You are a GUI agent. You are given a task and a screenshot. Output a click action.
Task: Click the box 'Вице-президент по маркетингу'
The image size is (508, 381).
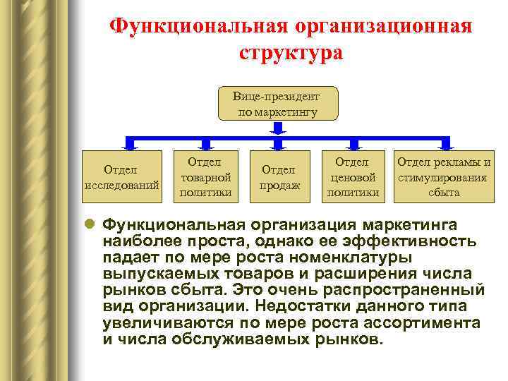point(278,104)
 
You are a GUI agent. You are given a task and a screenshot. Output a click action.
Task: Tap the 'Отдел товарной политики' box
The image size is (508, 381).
point(206,176)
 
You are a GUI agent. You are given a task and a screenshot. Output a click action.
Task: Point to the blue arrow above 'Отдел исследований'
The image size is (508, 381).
point(129,143)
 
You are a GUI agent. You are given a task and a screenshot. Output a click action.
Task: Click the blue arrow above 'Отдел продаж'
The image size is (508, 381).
point(277,143)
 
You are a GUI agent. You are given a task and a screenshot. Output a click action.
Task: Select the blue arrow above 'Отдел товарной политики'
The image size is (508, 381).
point(205,143)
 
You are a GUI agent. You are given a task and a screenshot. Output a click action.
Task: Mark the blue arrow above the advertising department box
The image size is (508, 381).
point(444,143)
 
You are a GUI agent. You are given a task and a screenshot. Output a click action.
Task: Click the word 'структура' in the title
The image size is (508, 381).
point(291,53)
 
